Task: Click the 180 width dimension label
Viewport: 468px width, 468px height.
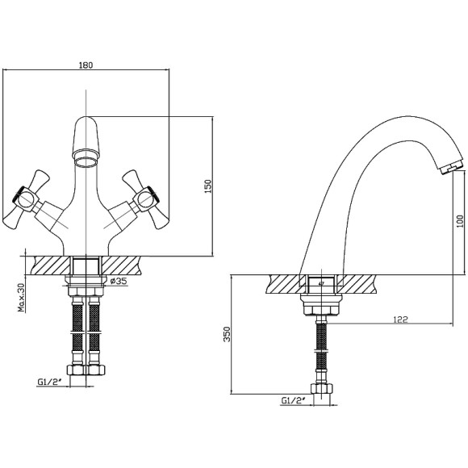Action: pos(86,65)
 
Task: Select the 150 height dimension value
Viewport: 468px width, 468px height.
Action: pos(208,186)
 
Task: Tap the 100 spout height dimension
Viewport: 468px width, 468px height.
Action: pos(460,221)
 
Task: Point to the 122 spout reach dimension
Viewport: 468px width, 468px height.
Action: pos(400,320)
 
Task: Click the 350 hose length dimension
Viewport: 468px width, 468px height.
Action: pos(227,334)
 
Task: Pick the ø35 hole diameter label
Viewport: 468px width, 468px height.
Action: pos(119,281)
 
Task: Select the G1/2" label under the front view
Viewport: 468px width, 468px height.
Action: pos(49,382)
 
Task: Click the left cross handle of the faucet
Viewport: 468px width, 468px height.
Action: pos(27,198)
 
